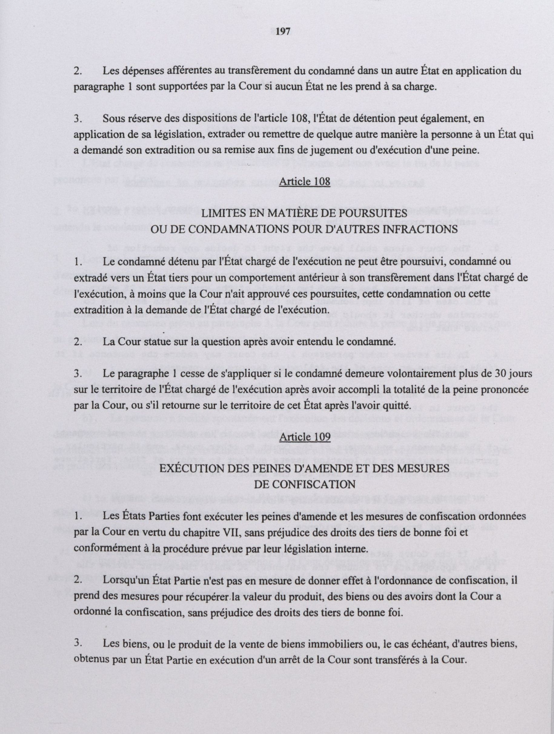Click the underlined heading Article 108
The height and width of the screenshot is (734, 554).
pyautogui.click(x=305, y=182)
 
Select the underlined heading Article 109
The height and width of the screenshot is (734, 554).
pyautogui.click(x=305, y=438)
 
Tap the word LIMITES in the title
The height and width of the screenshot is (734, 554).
pyautogui.click(x=223, y=213)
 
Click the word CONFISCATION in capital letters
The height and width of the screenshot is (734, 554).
pyautogui.click(x=304, y=485)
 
